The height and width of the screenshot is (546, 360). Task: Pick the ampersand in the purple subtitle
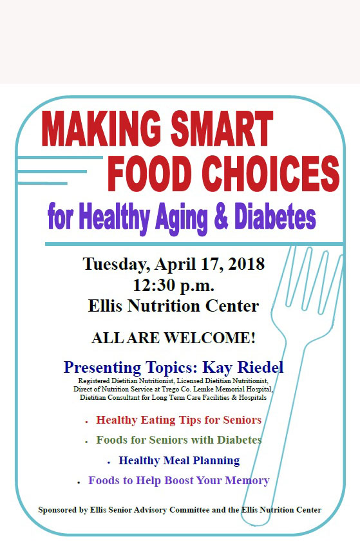tap(221, 216)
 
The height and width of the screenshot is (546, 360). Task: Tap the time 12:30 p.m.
tap(173, 285)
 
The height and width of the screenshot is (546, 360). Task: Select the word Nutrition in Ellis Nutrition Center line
tap(164, 306)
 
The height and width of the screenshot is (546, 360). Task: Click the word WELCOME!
tap(209, 338)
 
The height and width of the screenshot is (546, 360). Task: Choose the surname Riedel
tap(260, 368)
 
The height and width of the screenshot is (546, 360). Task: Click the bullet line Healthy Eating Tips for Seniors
tap(178, 420)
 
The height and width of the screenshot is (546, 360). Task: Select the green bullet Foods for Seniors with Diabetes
tap(178, 440)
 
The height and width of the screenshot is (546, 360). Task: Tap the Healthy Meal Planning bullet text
tap(179, 460)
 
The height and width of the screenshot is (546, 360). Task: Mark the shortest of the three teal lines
tap(42, 183)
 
